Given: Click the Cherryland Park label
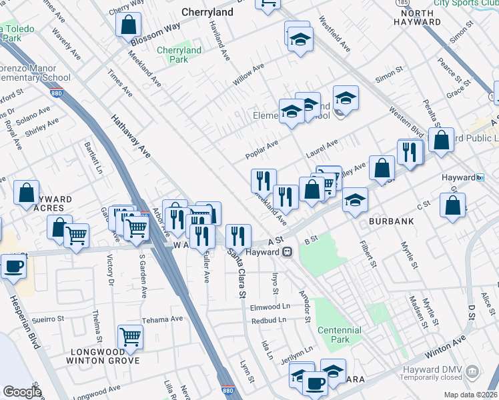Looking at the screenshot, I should (x=179, y=55).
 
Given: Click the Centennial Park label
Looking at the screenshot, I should (x=339, y=335).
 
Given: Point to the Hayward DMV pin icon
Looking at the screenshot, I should (x=472, y=371).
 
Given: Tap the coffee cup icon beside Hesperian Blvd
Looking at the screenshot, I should (x=13, y=267).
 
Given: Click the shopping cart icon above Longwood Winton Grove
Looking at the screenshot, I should (x=130, y=337).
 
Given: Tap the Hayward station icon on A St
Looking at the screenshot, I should (x=288, y=252).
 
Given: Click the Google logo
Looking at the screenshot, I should (x=22, y=392).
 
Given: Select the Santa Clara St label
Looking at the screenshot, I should (x=239, y=274).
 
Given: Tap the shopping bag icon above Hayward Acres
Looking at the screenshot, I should (x=27, y=192).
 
